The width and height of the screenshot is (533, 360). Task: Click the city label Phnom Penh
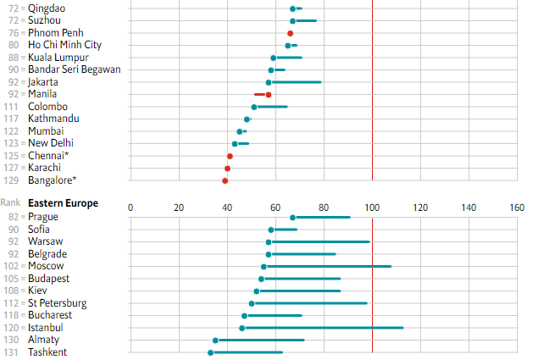pos(54,32)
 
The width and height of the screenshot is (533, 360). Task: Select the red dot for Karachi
pos(227,169)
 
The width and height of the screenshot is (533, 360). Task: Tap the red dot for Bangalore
pos(225,180)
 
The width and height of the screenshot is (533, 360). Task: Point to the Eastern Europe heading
pos(63,203)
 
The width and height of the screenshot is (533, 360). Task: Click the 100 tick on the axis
pos(372,207)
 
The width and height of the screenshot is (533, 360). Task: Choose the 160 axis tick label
pos(517,207)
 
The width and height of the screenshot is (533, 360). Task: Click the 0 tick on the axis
pos(130,207)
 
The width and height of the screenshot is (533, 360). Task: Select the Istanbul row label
pos(47,327)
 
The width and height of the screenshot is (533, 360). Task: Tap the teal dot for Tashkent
pos(211,352)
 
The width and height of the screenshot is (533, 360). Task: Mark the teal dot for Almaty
pos(215,341)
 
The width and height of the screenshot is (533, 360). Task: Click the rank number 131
pos(11,352)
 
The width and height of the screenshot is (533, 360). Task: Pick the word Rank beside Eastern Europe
pos(11,203)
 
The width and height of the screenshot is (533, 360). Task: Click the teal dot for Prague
pos(292,218)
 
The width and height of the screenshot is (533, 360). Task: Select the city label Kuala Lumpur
pos(58,57)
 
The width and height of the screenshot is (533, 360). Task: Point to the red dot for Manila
pos(269,94)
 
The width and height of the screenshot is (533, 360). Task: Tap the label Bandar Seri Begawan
pos(74,69)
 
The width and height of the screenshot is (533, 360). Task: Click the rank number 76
pos(14,32)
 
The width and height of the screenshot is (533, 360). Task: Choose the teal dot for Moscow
pos(264,267)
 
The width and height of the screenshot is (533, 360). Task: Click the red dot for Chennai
pos(230,157)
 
